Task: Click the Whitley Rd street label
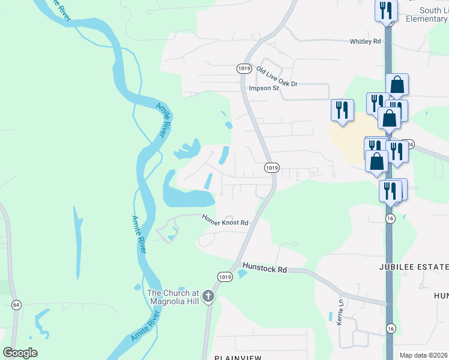tap(366, 41)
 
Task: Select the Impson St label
tap(264, 88)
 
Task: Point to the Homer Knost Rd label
tap(225, 220)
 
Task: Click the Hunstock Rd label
tap(264, 268)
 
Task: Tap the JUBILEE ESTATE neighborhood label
tap(414, 266)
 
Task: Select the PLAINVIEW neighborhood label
tap(238, 358)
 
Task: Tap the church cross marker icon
tap(208, 295)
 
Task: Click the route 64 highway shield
tap(16, 305)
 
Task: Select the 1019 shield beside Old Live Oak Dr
tap(243, 69)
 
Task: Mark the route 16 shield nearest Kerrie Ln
tap(391, 328)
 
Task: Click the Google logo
tap(20, 352)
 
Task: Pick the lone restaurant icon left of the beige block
tap(342, 110)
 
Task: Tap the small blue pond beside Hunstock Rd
tap(242, 274)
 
